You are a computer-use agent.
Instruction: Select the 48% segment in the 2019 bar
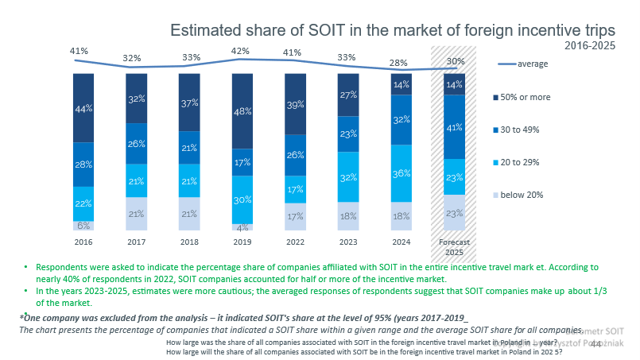pyautogui.click(x=242, y=111)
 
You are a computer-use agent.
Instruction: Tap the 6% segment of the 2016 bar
pyautogui.click(x=83, y=226)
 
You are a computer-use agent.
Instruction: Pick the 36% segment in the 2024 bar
pyautogui.click(x=401, y=173)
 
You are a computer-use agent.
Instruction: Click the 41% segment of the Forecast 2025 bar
pyautogui.click(x=454, y=127)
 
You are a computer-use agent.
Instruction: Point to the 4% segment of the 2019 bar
pyautogui.click(x=242, y=227)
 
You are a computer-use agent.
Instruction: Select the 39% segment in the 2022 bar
pyautogui.click(x=296, y=105)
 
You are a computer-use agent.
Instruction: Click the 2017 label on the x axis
pyautogui.click(x=137, y=241)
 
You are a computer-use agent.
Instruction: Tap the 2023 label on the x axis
pyautogui.click(x=348, y=241)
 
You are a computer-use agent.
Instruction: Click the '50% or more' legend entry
pyautogui.click(x=545, y=97)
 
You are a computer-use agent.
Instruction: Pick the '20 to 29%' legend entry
pyautogui.click(x=542, y=161)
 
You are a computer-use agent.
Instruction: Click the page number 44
pyautogui.click(x=596, y=343)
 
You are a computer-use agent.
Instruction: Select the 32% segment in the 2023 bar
pyautogui.click(x=348, y=178)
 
